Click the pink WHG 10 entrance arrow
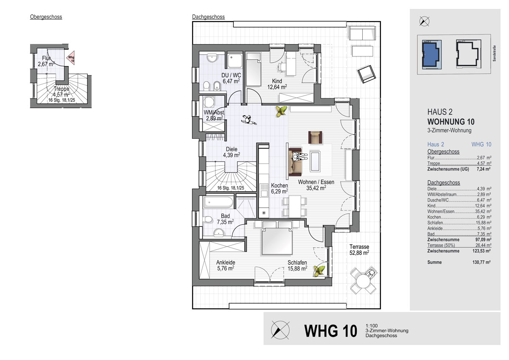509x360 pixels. pyautogui.click(x=71, y=58)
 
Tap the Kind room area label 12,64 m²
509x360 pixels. pyautogui.click(x=277, y=87)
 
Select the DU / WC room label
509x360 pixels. pyautogui.click(x=231, y=75)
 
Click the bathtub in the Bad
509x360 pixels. pyautogui.click(x=218, y=202)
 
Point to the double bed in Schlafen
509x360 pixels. pyautogui.click(x=277, y=238)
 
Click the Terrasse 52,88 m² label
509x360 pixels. pyautogui.click(x=359, y=250)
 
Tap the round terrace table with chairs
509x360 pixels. pyautogui.click(x=363, y=281)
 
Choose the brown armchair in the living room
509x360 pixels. pyautogui.click(x=315, y=137)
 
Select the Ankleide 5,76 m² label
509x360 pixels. pyautogui.click(x=226, y=265)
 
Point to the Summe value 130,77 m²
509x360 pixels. pyautogui.click(x=481, y=262)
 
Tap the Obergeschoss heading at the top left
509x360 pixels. pyautogui.click(x=46, y=17)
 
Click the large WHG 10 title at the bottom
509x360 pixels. pyautogui.click(x=330, y=331)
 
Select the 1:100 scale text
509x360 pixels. pyautogui.click(x=372, y=326)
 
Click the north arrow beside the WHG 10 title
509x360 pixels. pyautogui.click(x=280, y=330)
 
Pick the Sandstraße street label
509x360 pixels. pyautogui.click(x=494, y=53)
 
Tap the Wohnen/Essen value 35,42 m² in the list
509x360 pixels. pyautogui.click(x=483, y=212)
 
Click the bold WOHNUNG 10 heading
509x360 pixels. pyautogui.click(x=451, y=122)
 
